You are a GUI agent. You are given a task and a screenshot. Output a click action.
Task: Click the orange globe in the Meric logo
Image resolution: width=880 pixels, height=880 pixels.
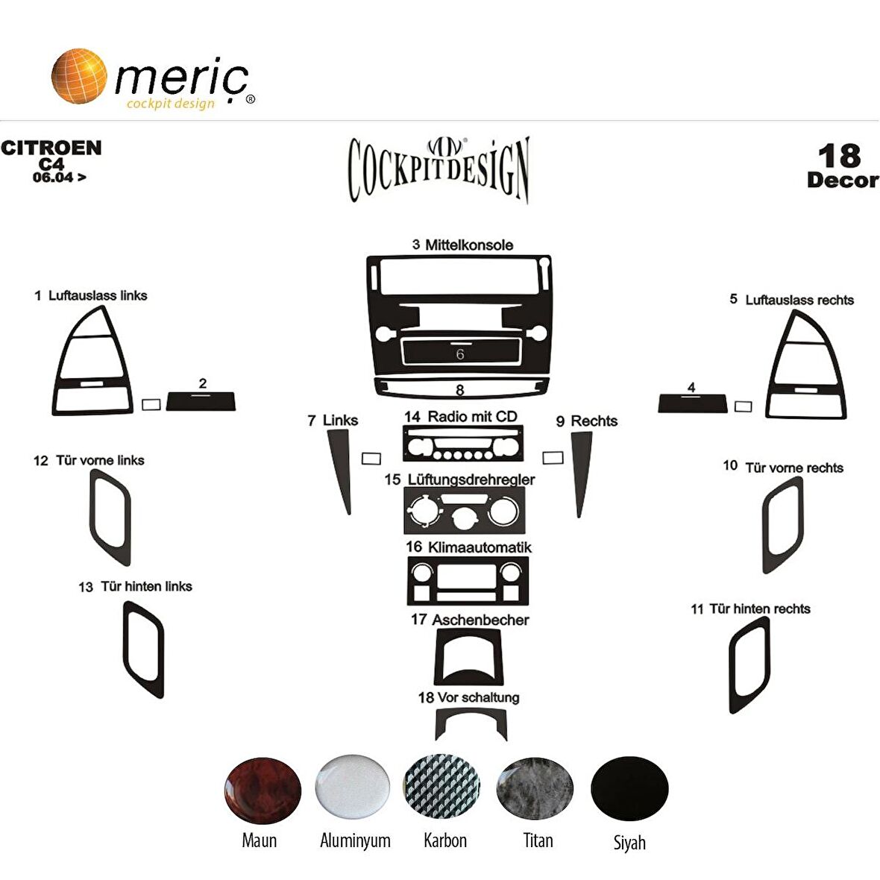point(79,76)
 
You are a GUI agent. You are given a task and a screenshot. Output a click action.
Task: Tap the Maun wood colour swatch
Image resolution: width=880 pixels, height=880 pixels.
point(263,790)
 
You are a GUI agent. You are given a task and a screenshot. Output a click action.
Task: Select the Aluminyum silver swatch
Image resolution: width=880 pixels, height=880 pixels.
point(353,787)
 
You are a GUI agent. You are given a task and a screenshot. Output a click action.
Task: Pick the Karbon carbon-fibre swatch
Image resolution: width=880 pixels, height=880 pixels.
point(442,786)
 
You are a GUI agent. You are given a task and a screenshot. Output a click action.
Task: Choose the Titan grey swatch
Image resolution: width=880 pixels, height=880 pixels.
point(535,788)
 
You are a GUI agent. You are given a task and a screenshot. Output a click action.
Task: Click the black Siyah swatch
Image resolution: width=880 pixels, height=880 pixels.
point(629,788)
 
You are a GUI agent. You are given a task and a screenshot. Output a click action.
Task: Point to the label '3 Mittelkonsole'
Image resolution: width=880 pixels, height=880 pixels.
point(462,245)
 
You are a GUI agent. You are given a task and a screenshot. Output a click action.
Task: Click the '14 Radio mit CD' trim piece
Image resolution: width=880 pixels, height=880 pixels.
point(463,444)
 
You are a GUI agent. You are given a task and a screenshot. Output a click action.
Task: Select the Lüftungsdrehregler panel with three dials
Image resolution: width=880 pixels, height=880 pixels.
point(465,510)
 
